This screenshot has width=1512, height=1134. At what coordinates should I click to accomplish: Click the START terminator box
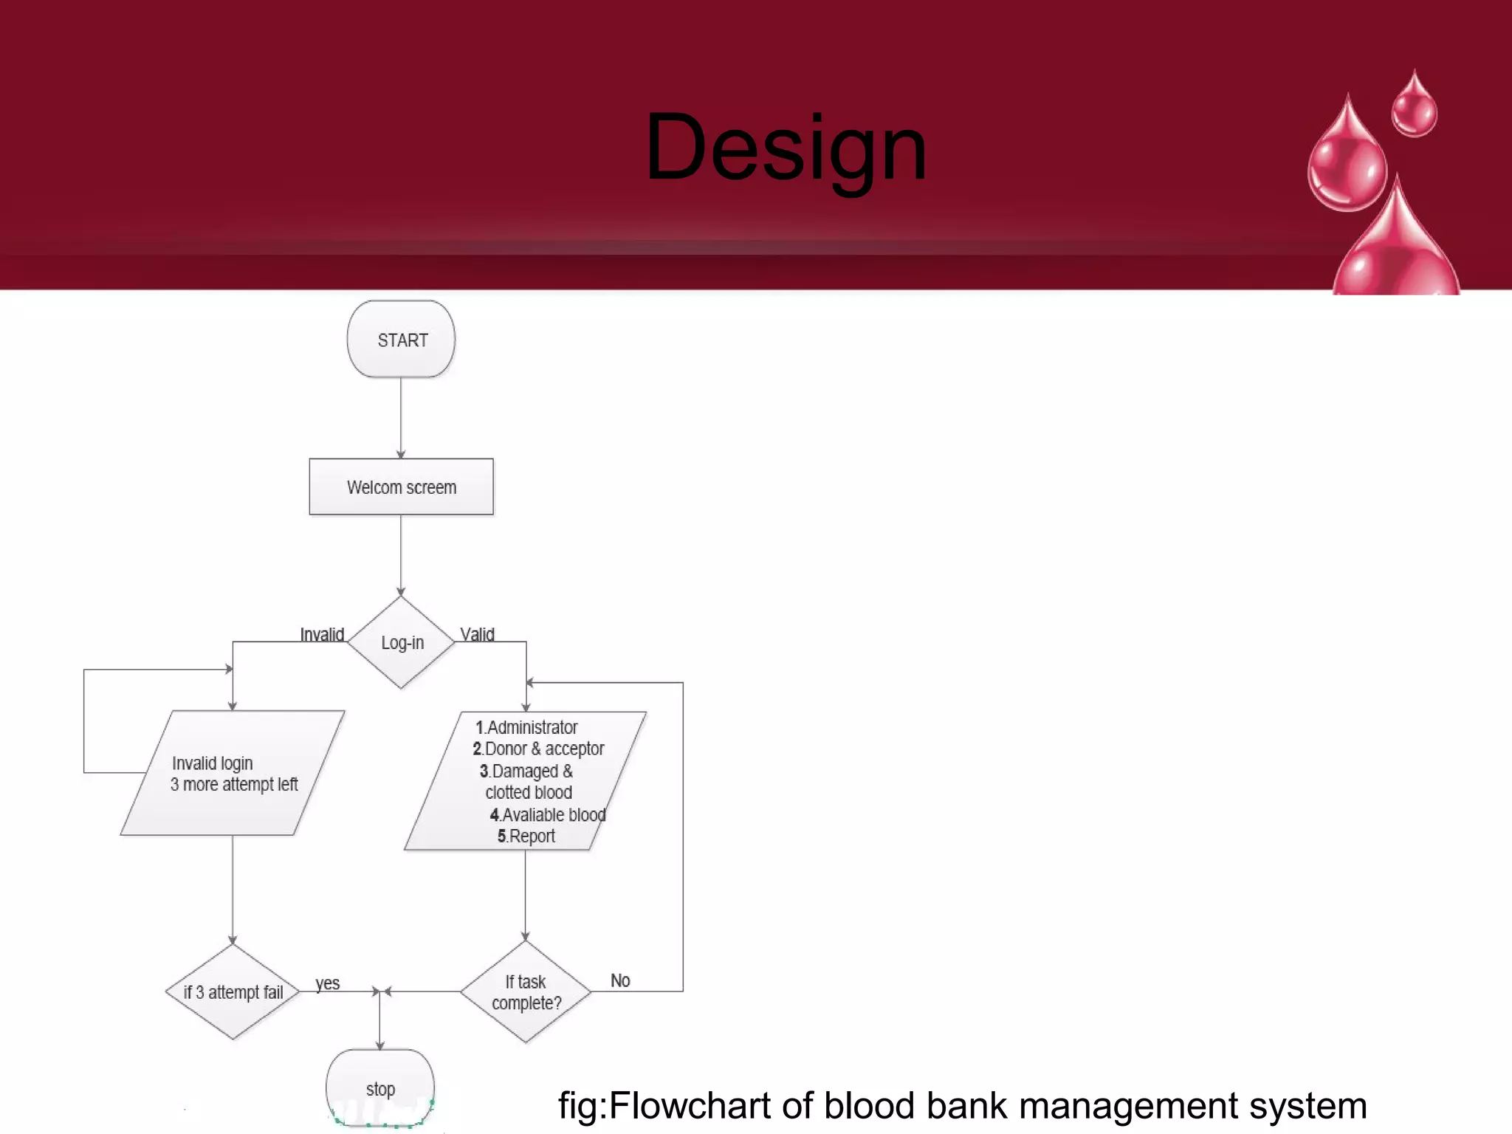[x=401, y=340]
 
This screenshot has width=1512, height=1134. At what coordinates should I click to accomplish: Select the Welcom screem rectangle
[x=401, y=487]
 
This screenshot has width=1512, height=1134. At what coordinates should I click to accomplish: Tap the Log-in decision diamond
[x=401, y=642]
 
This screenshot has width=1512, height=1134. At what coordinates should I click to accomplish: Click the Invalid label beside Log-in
[x=322, y=634]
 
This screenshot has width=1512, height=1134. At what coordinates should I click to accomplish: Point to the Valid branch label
[x=477, y=634]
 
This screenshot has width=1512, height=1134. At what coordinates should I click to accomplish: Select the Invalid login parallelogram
[x=233, y=774]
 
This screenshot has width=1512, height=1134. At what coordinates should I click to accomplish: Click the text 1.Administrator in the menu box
[x=526, y=727]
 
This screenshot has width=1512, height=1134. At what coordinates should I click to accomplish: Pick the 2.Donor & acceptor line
[x=538, y=749]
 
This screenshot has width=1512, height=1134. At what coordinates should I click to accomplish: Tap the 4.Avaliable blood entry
[x=548, y=814]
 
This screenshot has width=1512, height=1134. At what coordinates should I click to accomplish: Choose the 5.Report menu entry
[x=526, y=836]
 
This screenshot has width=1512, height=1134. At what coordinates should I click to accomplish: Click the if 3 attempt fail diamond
[x=233, y=992]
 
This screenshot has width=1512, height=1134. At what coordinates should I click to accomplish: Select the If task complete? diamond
[x=526, y=992]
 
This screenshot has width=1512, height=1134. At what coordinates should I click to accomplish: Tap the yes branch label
[x=327, y=983]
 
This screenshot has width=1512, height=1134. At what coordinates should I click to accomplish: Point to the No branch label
[x=620, y=980]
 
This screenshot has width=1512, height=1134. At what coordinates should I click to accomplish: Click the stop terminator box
[x=380, y=1088]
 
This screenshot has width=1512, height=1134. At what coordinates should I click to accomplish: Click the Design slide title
[x=786, y=148]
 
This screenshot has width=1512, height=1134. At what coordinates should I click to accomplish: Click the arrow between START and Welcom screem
[x=401, y=418]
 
